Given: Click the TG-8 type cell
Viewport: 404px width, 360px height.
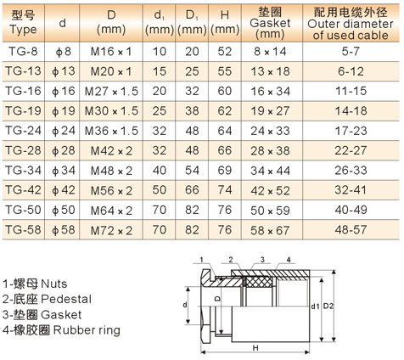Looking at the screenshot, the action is coord(23,52).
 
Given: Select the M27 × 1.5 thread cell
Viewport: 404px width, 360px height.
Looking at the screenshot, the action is coord(111,91).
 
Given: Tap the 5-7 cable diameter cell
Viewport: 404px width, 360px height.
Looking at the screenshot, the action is coord(351,52).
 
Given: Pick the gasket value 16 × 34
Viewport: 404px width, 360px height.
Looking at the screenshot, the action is coord(270,91).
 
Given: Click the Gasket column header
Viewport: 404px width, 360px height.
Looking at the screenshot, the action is coord(270,23).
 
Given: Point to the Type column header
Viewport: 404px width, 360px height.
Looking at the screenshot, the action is coord(23,22).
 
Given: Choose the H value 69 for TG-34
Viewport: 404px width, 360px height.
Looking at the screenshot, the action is coord(225,170).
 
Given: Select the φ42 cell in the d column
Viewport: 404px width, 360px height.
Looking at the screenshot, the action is coord(63,190).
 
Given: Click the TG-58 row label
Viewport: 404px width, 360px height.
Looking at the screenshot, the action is coord(23,229).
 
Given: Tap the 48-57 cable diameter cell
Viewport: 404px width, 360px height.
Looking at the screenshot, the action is coord(351,229).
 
